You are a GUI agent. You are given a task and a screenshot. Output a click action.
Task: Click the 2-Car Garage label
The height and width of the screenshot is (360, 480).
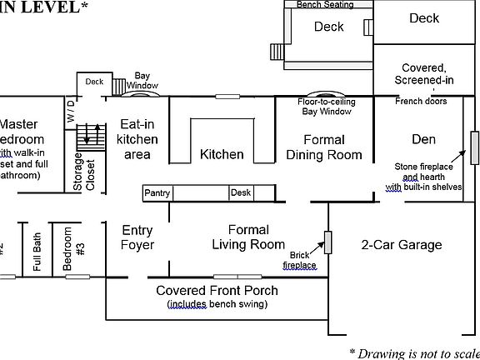pyautogui.click(x=402, y=245)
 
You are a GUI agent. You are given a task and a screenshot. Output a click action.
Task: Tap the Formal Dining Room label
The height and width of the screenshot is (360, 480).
pyautogui.click(x=324, y=147)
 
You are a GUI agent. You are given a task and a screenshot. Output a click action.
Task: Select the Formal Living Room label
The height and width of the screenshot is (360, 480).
pyautogui.click(x=248, y=237)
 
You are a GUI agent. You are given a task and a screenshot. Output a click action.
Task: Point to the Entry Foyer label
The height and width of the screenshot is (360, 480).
pyautogui.click(x=137, y=237)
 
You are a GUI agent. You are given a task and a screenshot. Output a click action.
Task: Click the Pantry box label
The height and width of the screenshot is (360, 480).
pyautogui.click(x=157, y=193)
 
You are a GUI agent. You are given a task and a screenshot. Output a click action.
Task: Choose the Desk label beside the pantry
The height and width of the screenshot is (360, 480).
pyautogui.click(x=241, y=193)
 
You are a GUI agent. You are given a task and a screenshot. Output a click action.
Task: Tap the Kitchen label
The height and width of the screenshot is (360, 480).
pyautogui.click(x=222, y=154)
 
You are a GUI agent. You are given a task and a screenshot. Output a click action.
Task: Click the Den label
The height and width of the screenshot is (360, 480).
pyautogui.click(x=423, y=138)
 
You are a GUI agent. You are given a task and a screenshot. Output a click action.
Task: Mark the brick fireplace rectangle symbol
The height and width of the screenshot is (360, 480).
pyautogui.click(x=328, y=242)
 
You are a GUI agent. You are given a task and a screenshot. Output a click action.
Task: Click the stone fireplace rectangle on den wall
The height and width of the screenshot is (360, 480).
pyautogui.click(x=473, y=148)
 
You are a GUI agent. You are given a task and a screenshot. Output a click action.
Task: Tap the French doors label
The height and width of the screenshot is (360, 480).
pyautogui.click(x=422, y=102)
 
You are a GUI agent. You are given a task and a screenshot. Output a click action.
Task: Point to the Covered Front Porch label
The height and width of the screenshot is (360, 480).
pyautogui.click(x=217, y=291)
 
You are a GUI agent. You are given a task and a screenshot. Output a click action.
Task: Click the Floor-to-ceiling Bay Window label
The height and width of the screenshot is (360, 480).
pyautogui.click(x=325, y=106)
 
